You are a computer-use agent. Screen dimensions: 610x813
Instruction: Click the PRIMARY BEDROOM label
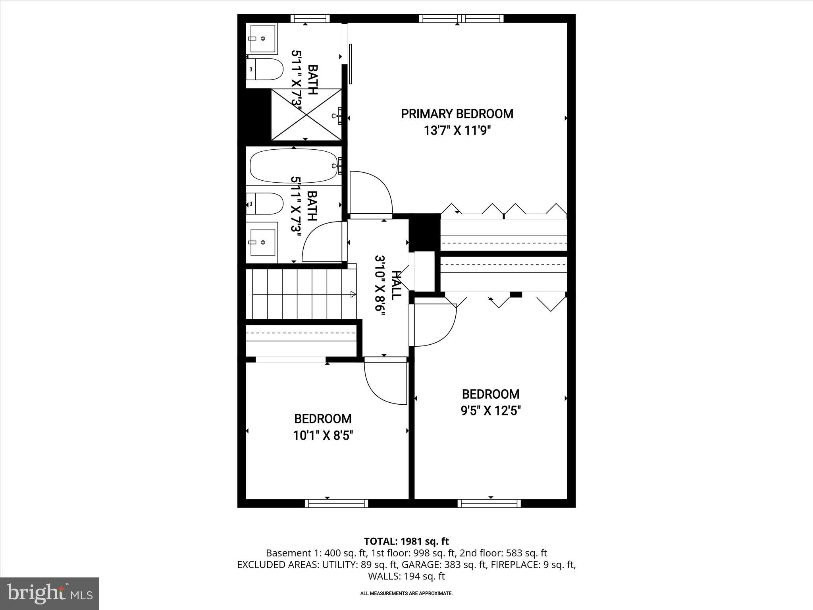tap(457, 114)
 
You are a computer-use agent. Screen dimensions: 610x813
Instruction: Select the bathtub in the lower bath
tap(293, 166)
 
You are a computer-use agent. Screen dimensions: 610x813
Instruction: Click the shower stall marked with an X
tap(306, 114)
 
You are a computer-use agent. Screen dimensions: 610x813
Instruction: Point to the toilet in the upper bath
tap(265, 69)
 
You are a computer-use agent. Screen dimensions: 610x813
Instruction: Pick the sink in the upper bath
tap(262, 39)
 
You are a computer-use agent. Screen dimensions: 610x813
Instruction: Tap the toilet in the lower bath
tap(265, 204)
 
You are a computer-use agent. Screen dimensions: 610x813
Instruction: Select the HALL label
tap(396, 285)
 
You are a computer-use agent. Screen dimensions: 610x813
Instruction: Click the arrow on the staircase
tap(353, 294)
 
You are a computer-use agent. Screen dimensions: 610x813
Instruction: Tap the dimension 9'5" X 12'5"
tap(491, 410)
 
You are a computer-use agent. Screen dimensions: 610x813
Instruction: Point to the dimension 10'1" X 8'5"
tap(323, 436)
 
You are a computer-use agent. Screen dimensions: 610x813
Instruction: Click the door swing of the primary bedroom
tap(371, 193)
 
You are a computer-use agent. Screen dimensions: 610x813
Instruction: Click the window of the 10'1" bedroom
tap(336, 504)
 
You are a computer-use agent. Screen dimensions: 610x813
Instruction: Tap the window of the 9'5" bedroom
tap(489, 504)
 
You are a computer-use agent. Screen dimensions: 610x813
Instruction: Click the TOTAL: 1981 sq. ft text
tap(406, 541)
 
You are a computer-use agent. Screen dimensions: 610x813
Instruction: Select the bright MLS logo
tap(50, 593)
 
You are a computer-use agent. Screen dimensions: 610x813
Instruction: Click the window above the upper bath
tap(310, 18)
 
